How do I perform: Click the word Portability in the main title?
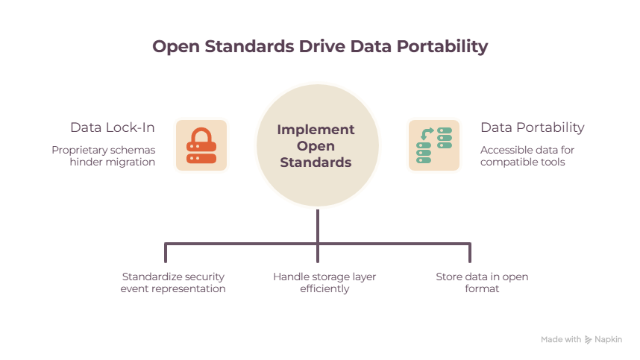tap(442, 46)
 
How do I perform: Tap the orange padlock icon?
tap(201, 145)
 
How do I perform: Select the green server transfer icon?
tap(434, 145)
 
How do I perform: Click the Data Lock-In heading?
tap(112, 127)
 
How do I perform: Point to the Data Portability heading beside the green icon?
tap(533, 127)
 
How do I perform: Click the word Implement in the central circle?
tap(316, 130)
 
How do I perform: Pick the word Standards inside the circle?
tap(316, 162)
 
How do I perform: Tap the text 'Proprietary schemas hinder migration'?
tap(103, 157)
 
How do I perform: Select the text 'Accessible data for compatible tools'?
tap(527, 157)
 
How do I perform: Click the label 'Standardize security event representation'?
tap(172, 282)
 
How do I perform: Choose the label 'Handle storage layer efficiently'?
tap(324, 282)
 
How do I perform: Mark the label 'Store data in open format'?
tap(482, 282)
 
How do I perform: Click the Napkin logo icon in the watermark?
tap(588, 340)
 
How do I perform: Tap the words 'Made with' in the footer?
tap(561, 339)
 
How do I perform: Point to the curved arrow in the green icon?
tap(427, 133)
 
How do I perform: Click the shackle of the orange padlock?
tap(201, 135)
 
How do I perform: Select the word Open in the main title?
tap(176, 47)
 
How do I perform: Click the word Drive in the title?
tap(322, 46)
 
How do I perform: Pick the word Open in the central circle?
tap(316, 146)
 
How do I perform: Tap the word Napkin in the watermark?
tap(608, 340)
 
